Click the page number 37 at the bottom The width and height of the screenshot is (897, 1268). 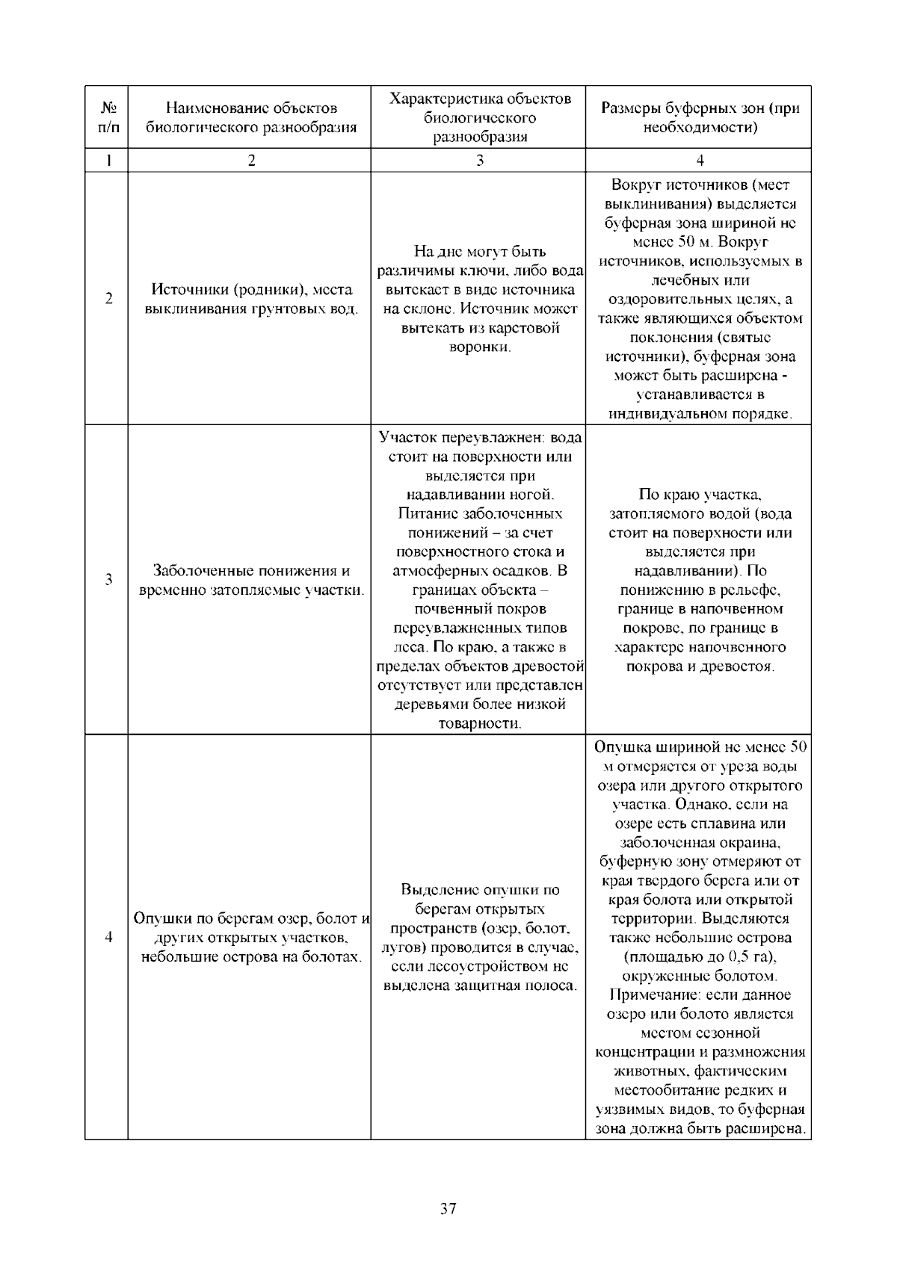(x=449, y=1209)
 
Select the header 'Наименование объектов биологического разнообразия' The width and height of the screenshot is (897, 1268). (x=251, y=118)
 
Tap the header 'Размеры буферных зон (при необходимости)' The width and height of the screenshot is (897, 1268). (x=700, y=118)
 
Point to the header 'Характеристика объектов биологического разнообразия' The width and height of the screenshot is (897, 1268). (x=479, y=118)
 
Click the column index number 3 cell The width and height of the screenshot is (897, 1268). (x=479, y=161)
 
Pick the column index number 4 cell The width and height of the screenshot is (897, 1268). (x=700, y=161)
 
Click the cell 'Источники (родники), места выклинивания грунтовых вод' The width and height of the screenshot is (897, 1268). (x=251, y=299)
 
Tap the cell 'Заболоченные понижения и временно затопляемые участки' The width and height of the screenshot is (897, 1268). (x=251, y=581)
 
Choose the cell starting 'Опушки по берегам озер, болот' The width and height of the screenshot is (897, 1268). (x=251, y=937)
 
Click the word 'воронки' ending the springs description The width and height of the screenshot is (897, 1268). (x=478, y=347)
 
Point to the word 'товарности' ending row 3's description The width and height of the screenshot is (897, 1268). (x=478, y=723)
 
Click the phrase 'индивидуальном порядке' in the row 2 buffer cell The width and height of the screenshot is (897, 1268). (x=700, y=413)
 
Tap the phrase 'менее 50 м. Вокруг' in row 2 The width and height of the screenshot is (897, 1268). (x=700, y=242)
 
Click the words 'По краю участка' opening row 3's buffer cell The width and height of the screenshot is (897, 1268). (x=700, y=494)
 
